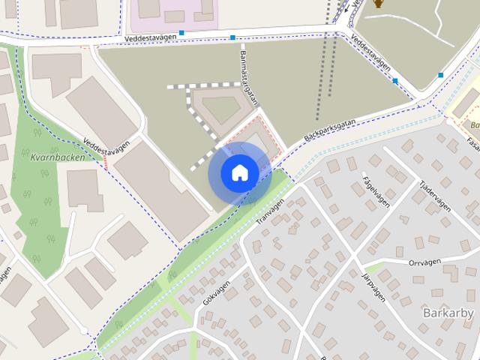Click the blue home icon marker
click(239, 173)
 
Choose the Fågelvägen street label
click(373, 186)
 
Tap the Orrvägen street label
click(427, 262)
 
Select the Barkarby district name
click(448, 312)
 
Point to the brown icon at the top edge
click(379, 4)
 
